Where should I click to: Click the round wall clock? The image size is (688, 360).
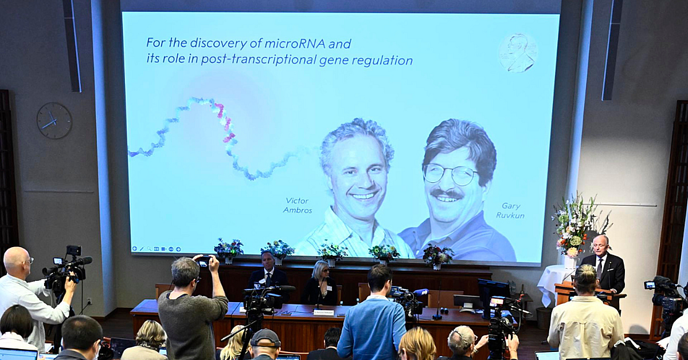(54, 120)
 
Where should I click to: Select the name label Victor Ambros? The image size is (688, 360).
(297, 205)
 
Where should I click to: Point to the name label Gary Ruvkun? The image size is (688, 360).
(510, 210)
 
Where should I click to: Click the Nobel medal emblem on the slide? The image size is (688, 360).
(518, 53)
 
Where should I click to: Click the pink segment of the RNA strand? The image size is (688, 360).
(225, 123)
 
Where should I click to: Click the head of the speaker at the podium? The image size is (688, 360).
(600, 244)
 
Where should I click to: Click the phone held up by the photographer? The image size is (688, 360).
(204, 261)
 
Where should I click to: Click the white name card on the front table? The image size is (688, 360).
(323, 312)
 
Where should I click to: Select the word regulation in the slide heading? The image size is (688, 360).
(384, 60)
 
